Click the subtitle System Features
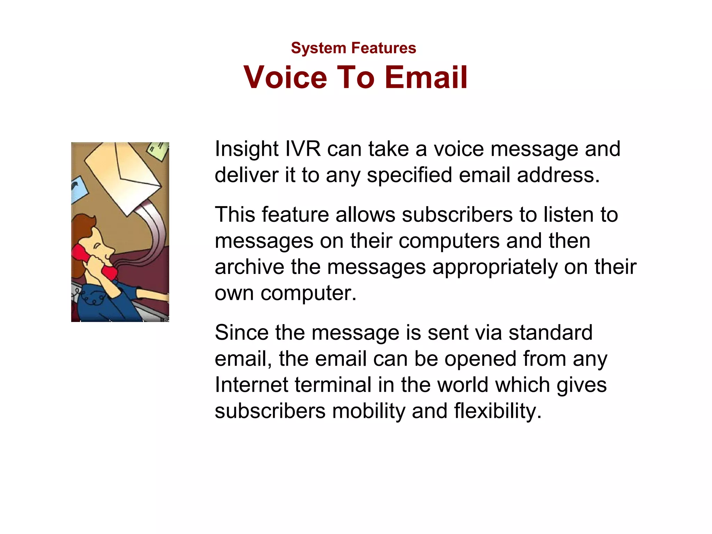coord(353,48)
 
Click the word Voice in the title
coord(285,77)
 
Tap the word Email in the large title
coord(426,77)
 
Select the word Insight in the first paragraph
coord(246,149)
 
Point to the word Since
coord(242,332)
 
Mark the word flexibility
coord(497,411)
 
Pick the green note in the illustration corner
coord(158,151)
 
